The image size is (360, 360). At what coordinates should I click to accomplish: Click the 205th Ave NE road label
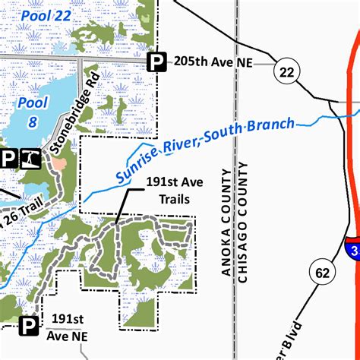coord(213,62)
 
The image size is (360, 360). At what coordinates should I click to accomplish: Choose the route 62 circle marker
coord(320,271)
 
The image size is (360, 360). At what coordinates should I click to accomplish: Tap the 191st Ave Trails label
coord(166,191)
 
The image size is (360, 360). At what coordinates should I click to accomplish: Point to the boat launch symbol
coord(30,157)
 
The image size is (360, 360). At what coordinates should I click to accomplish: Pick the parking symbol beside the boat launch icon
coord(8,157)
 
